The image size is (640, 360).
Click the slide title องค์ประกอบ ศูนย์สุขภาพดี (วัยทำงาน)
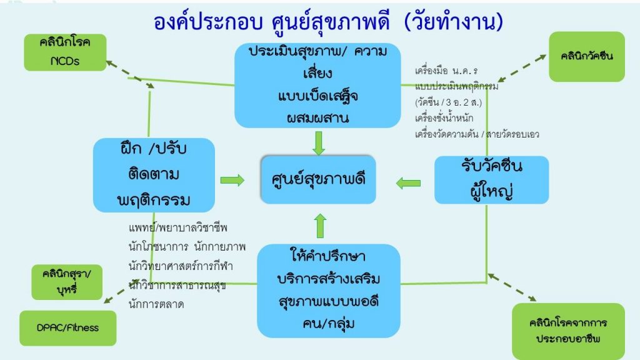click(328, 22)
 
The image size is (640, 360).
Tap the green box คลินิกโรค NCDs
click(65, 52)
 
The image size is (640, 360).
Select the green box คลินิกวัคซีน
click(586, 56)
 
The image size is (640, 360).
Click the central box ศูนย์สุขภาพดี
click(318, 179)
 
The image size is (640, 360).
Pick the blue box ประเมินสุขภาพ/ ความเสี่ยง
click(317, 85)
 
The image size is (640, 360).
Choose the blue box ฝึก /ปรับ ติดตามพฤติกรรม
click(154, 175)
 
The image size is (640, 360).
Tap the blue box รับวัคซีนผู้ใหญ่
click(491, 179)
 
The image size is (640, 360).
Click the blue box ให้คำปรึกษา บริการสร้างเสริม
click(329, 291)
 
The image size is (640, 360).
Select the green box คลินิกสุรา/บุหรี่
click(67, 282)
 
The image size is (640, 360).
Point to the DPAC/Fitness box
click(67, 327)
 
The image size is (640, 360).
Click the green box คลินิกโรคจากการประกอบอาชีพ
click(568, 331)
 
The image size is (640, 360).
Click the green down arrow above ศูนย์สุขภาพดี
click(318, 143)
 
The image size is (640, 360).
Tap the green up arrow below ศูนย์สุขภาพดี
click(321, 226)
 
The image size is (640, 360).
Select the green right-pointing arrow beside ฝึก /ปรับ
click(232, 180)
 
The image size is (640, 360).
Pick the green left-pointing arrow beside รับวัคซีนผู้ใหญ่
click(408, 183)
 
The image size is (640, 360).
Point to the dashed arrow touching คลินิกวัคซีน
click(522, 68)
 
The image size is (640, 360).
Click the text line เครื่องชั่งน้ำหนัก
click(444, 118)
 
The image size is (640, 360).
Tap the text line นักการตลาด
click(156, 304)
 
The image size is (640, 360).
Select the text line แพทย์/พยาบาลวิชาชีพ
click(178, 227)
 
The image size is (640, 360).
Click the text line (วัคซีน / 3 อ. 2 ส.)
click(449, 102)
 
